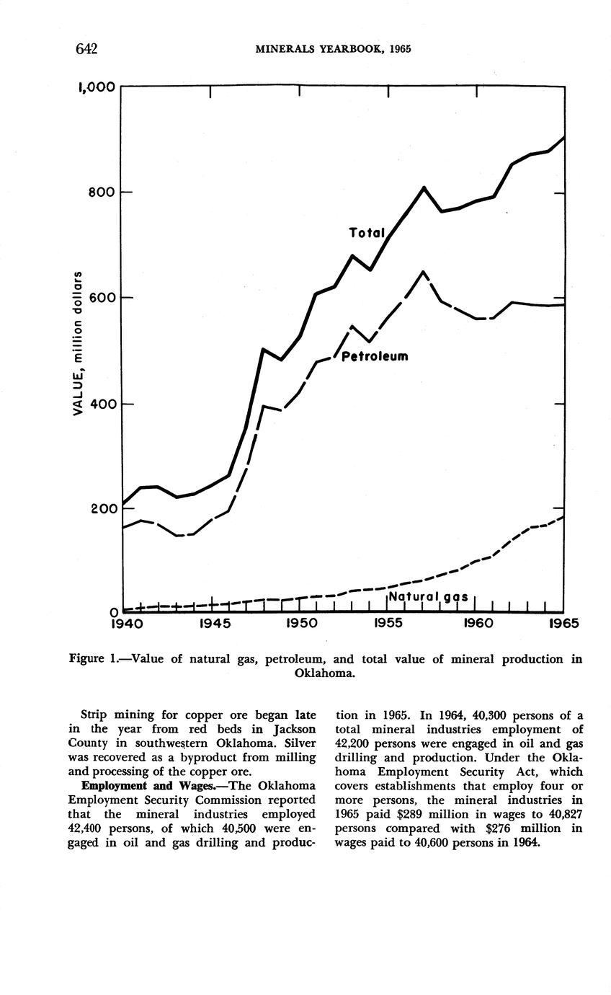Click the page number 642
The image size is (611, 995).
[x=86, y=49]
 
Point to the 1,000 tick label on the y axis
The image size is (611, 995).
[x=96, y=87]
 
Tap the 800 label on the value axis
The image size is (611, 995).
[x=102, y=193]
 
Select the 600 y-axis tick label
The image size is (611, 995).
[x=102, y=298]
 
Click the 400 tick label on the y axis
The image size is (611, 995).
[x=102, y=404]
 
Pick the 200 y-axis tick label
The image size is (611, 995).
[x=102, y=509]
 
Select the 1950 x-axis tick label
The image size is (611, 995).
[x=300, y=622]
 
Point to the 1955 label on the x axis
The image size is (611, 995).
[x=388, y=622]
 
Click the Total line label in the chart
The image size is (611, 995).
[x=367, y=233]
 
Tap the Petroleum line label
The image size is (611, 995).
[x=375, y=356]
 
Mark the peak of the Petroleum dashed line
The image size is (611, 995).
[x=423, y=272]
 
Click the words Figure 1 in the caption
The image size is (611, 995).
[x=92, y=659]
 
